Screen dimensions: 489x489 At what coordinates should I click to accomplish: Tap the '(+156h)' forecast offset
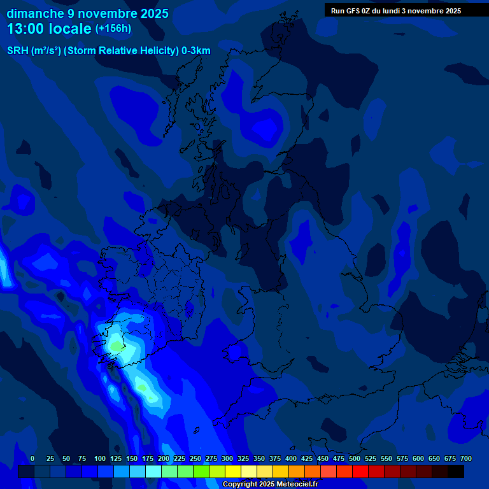(x=113, y=29)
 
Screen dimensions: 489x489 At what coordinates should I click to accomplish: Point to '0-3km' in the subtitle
(x=196, y=51)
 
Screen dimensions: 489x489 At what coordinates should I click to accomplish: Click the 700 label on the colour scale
(x=465, y=458)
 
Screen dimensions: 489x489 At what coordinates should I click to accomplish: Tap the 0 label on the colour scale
(x=32, y=458)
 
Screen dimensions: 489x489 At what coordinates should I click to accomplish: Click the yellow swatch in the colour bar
(x=233, y=471)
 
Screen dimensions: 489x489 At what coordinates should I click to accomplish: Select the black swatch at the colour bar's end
(x=456, y=471)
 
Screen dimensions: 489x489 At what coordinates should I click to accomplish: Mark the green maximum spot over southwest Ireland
(x=117, y=346)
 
